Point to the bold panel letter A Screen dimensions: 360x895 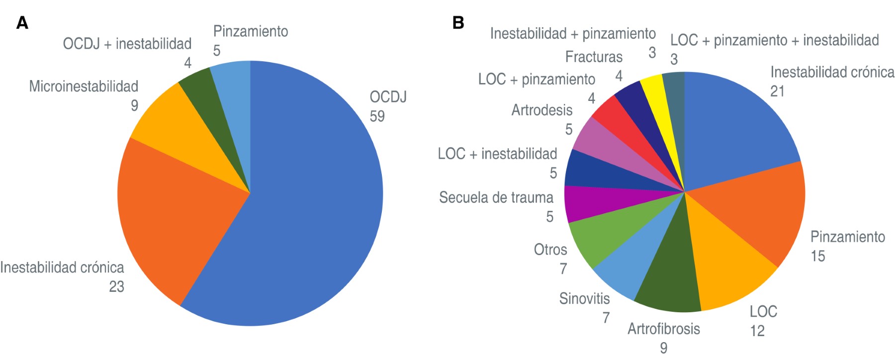pyautogui.click(x=22, y=23)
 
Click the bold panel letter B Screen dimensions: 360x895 pyautogui.click(x=458, y=23)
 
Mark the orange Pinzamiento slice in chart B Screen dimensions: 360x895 pyautogui.click(x=761, y=209)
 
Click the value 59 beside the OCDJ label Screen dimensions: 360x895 pyautogui.click(x=377, y=116)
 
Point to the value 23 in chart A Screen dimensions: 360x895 pyautogui.click(x=117, y=287)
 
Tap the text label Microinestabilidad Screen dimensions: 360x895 pyautogui.click(x=84, y=87)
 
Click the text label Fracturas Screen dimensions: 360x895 pyautogui.click(x=594, y=57)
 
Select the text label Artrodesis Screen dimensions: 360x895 pyautogui.click(x=542, y=110)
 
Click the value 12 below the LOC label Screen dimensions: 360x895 pyautogui.click(x=757, y=331)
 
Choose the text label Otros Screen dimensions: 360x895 pyautogui.click(x=550, y=249)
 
